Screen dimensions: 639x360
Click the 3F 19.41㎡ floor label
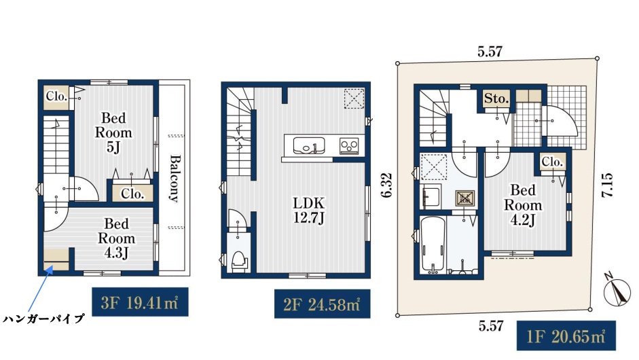click(140, 302)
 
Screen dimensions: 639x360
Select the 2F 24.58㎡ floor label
click(322, 304)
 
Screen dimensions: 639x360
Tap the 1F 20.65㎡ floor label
click(566, 336)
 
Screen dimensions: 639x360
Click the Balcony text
click(175, 178)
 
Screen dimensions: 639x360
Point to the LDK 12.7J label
click(309, 211)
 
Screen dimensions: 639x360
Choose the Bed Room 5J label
click(113, 132)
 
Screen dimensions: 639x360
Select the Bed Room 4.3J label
click(116, 238)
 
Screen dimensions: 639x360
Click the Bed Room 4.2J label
click(523, 205)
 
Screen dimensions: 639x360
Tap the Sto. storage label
click(496, 98)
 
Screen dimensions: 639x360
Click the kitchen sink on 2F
click(309, 145)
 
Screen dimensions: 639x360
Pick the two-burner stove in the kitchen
click(349, 146)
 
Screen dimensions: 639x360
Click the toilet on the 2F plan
click(239, 261)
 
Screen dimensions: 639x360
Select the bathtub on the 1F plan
click(433, 245)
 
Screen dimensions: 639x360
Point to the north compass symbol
click(617, 290)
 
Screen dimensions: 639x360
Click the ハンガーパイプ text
click(44, 319)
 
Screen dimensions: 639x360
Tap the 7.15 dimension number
click(607, 185)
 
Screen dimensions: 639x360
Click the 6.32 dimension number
click(387, 185)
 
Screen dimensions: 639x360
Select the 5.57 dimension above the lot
click(490, 52)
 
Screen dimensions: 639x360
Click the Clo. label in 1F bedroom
click(552, 162)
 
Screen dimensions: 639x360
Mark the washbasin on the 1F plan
click(431, 197)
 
